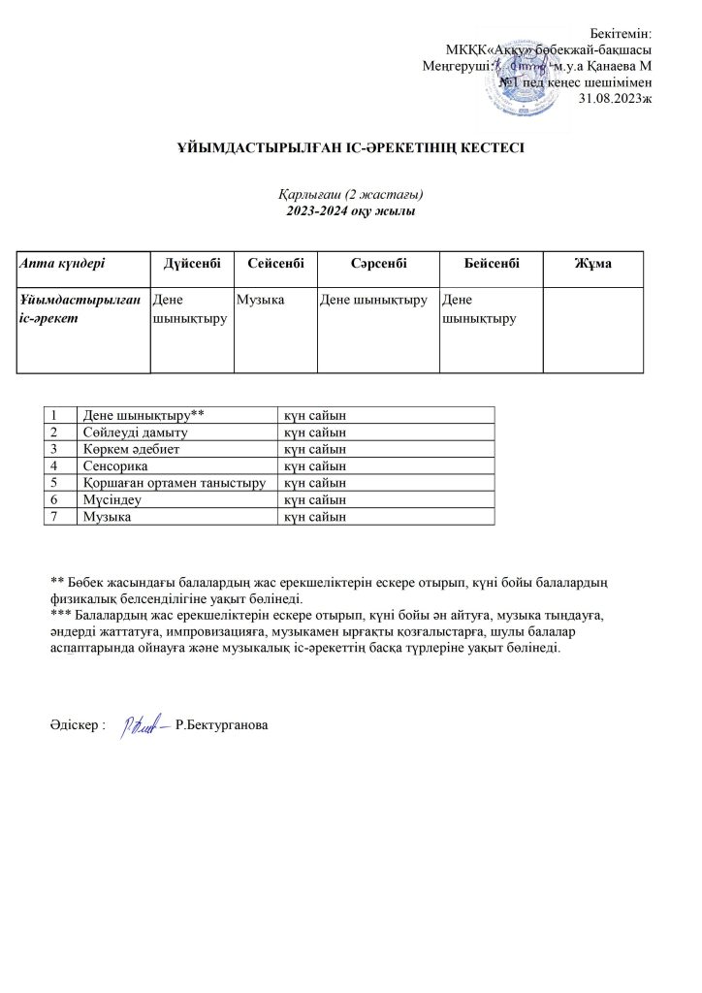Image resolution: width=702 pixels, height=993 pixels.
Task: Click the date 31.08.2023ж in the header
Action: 615,98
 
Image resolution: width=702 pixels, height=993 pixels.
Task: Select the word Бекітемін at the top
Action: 621,35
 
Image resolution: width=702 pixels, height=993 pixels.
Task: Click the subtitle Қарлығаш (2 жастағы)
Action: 351,195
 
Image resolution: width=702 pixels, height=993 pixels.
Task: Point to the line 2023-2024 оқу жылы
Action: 351,210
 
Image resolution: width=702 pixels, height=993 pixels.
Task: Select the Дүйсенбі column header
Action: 192,263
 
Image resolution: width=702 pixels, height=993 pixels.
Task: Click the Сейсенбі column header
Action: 275,263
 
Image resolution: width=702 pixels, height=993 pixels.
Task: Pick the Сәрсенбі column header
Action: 377,263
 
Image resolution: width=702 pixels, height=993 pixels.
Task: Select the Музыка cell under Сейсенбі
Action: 261,301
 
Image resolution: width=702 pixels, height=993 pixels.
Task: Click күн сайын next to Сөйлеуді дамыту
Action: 313,432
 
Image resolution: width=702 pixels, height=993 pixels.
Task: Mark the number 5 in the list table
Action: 57,481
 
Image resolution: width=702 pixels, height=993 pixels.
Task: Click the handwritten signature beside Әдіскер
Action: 143,725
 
